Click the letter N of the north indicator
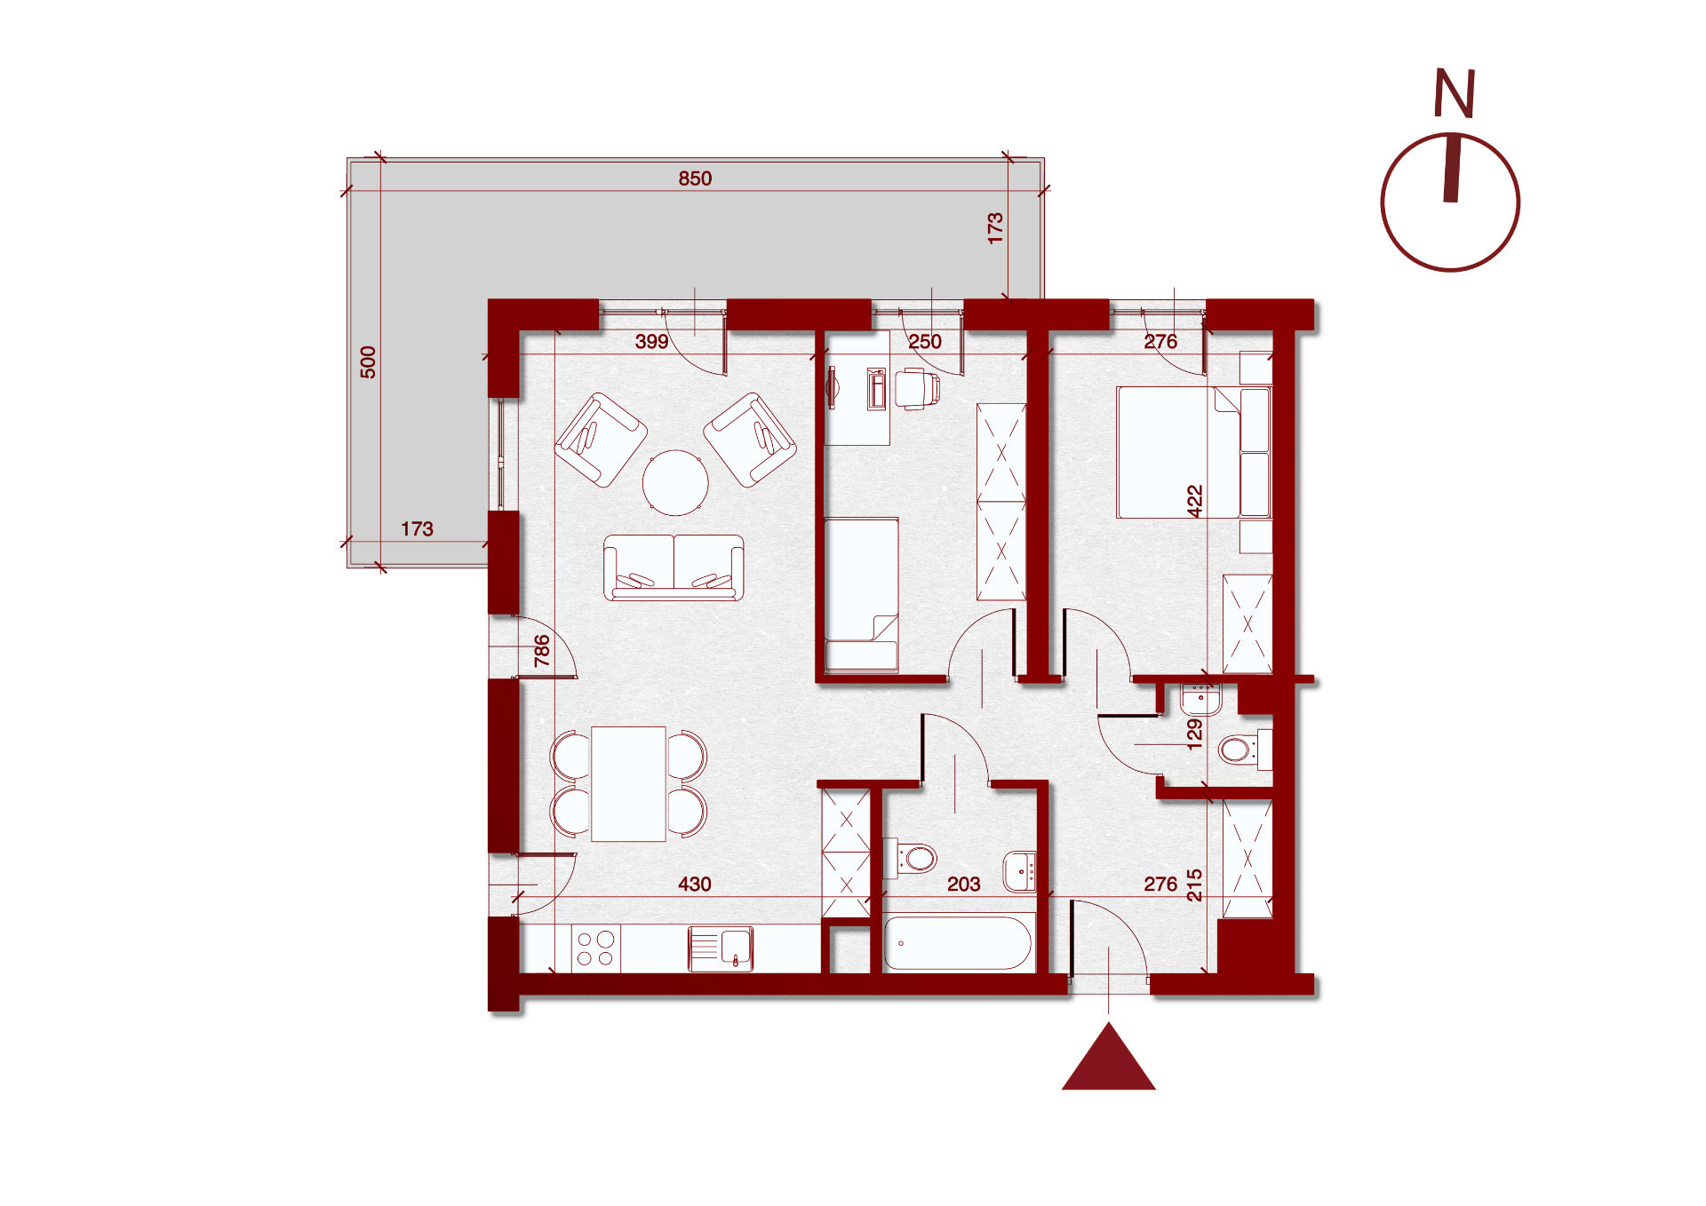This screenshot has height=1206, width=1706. (x=1455, y=93)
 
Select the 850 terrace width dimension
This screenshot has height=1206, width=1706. (x=695, y=179)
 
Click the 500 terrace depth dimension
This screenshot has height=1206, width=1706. (x=368, y=362)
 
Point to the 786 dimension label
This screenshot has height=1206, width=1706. (x=541, y=651)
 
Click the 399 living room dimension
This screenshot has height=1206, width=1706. (x=651, y=342)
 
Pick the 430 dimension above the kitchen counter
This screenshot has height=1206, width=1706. (x=694, y=885)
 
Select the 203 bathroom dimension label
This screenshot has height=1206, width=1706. (x=963, y=885)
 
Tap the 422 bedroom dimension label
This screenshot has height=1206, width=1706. (x=1195, y=502)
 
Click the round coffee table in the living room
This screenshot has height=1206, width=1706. (x=675, y=483)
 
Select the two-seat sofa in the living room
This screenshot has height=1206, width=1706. (x=674, y=567)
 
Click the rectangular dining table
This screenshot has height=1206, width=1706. (x=628, y=783)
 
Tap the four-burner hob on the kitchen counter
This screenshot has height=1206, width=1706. (x=595, y=948)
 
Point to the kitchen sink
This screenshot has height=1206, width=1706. (x=721, y=948)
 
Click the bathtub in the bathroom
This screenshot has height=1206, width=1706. (x=958, y=943)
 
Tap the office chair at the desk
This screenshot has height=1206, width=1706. (x=918, y=389)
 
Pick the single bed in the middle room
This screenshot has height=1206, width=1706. (x=861, y=594)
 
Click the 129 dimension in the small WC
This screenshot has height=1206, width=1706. (x=1195, y=734)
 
